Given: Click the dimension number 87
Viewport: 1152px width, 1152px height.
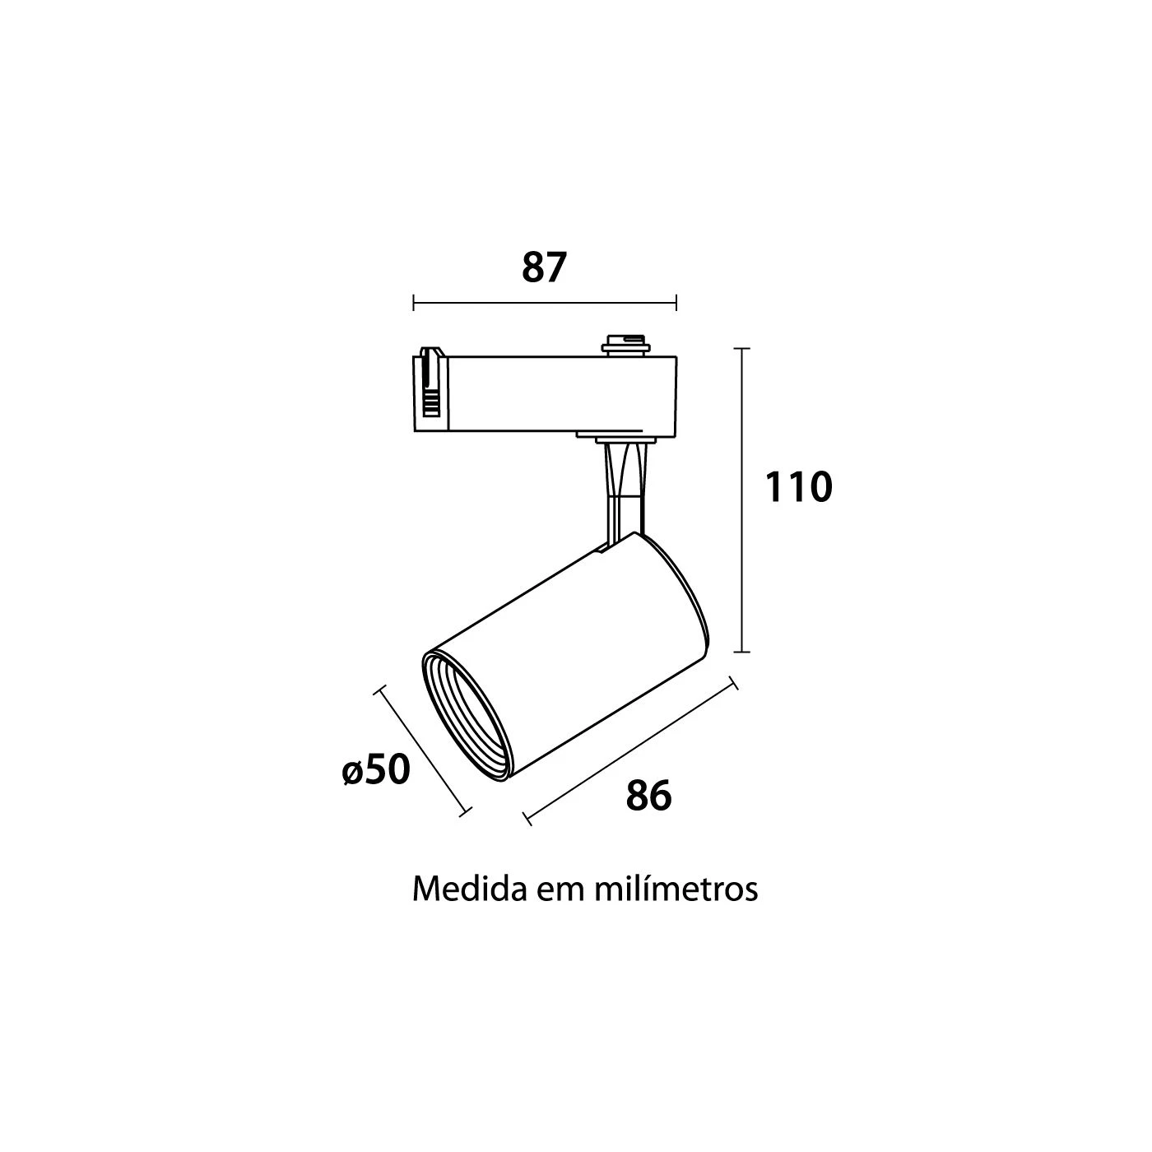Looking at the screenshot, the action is (x=543, y=267).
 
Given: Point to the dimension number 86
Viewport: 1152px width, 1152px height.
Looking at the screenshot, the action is (x=648, y=796).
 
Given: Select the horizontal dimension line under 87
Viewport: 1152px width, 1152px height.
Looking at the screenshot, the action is (x=545, y=303).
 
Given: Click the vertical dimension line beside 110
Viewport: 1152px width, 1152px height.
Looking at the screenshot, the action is (x=742, y=499).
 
